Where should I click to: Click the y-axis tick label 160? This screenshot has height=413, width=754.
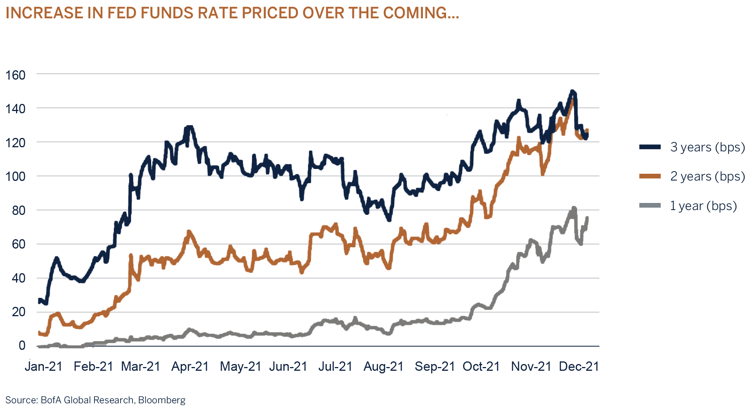click(x=15, y=75)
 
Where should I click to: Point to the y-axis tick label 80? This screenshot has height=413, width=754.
click(x=19, y=210)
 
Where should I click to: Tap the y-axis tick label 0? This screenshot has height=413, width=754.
click(x=22, y=345)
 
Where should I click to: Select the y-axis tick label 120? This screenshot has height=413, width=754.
click(x=15, y=143)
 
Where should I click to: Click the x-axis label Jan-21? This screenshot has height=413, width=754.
click(x=44, y=367)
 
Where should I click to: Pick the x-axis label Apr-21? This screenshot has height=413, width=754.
click(x=190, y=367)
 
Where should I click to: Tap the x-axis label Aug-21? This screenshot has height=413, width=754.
click(x=384, y=367)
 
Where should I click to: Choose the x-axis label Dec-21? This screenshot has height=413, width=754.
click(x=579, y=367)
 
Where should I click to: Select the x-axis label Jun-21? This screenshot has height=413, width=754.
click(x=288, y=367)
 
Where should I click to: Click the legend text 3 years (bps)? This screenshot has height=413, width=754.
click(x=707, y=147)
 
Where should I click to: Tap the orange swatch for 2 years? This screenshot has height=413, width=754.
click(x=650, y=176)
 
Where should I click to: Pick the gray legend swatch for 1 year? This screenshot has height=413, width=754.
click(x=650, y=206)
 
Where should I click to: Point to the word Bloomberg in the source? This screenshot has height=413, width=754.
click(x=162, y=400)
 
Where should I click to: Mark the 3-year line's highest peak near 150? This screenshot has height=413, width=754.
click(x=572, y=92)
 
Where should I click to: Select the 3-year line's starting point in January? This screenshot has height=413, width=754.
click(x=40, y=300)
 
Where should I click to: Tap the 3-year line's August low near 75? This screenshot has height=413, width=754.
click(x=389, y=219)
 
